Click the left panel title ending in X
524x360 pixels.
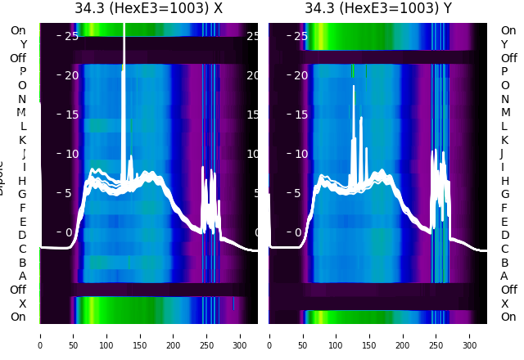(148, 9)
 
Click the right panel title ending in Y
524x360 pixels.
(377, 9)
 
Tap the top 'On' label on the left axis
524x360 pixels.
(18, 31)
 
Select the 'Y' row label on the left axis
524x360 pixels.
(23, 45)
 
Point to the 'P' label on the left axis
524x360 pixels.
(23, 72)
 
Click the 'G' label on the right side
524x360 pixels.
(504, 195)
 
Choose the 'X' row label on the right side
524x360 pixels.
(504, 304)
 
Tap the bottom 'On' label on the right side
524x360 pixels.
(508, 317)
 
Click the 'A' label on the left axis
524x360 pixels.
(23, 277)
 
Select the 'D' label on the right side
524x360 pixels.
(504, 236)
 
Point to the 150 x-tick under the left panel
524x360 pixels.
(140, 335)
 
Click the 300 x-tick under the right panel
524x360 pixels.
(470, 335)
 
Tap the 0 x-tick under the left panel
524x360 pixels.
(39, 335)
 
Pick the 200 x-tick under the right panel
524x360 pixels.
(403, 335)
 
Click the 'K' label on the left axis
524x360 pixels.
(23, 140)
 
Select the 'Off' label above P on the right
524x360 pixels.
(508, 58)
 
